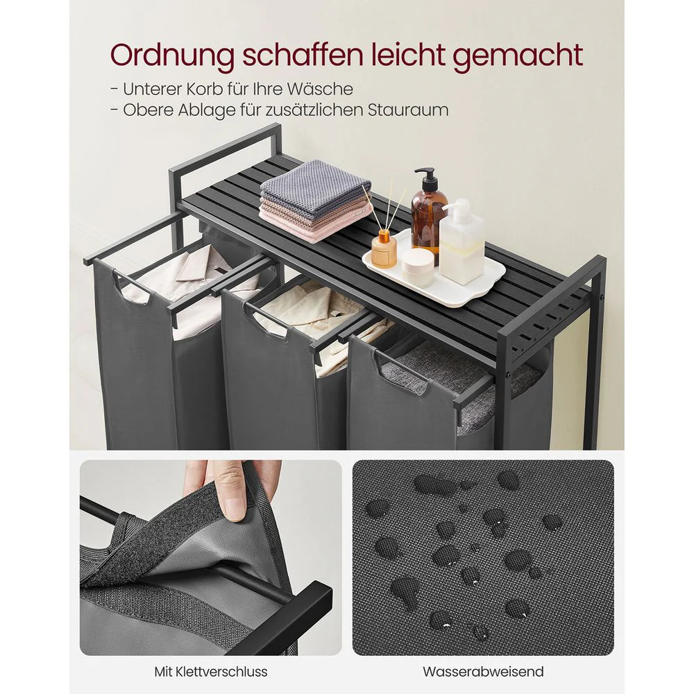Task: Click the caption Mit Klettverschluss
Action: click(x=210, y=671)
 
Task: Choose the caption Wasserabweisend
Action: click(x=483, y=671)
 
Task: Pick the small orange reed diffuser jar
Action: click(x=383, y=250)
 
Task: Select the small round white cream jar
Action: click(x=418, y=266)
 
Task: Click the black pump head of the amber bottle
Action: click(x=427, y=178)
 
